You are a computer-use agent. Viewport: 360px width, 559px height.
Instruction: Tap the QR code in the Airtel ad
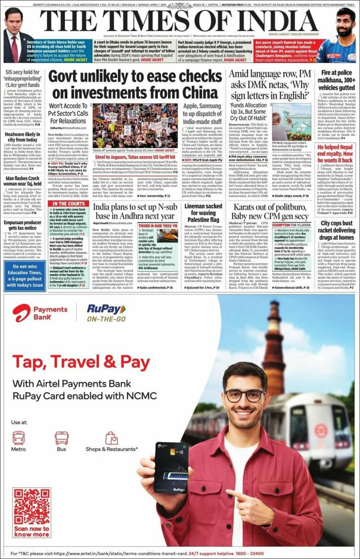[x=32, y=506]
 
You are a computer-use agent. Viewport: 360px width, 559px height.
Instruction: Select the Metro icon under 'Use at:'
[x=19, y=438]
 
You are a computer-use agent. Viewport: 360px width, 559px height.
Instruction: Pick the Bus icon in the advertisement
[x=61, y=438]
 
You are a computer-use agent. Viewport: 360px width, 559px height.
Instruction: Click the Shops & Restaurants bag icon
[x=111, y=438]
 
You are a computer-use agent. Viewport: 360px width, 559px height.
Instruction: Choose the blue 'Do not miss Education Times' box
[x=24, y=275]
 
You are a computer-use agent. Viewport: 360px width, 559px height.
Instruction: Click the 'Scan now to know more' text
[x=32, y=531]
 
